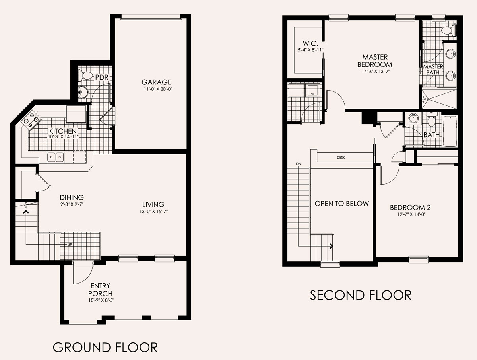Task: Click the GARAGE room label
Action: [x=157, y=82]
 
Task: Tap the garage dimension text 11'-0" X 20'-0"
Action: [x=158, y=89]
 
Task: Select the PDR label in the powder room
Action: [x=102, y=77]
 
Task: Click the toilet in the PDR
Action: [x=85, y=76]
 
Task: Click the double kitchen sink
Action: [x=55, y=157]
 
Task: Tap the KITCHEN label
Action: [x=63, y=131]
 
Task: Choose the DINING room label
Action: [x=72, y=197]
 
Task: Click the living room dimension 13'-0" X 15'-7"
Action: [x=154, y=212]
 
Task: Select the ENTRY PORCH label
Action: [x=101, y=289]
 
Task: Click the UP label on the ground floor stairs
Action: [x=70, y=245]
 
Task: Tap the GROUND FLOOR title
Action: [x=105, y=347]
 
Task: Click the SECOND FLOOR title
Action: [x=361, y=295]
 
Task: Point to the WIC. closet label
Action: [x=310, y=43]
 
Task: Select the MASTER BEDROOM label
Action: [x=375, y=61]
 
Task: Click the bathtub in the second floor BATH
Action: [x=450, y=131]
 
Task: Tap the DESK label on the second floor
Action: [x=341, y=158]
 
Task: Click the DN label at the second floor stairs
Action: [x=299, y=164]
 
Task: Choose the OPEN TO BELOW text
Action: [x=341, y=204]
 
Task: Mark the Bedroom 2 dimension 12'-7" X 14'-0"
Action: [x=411, y=214]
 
